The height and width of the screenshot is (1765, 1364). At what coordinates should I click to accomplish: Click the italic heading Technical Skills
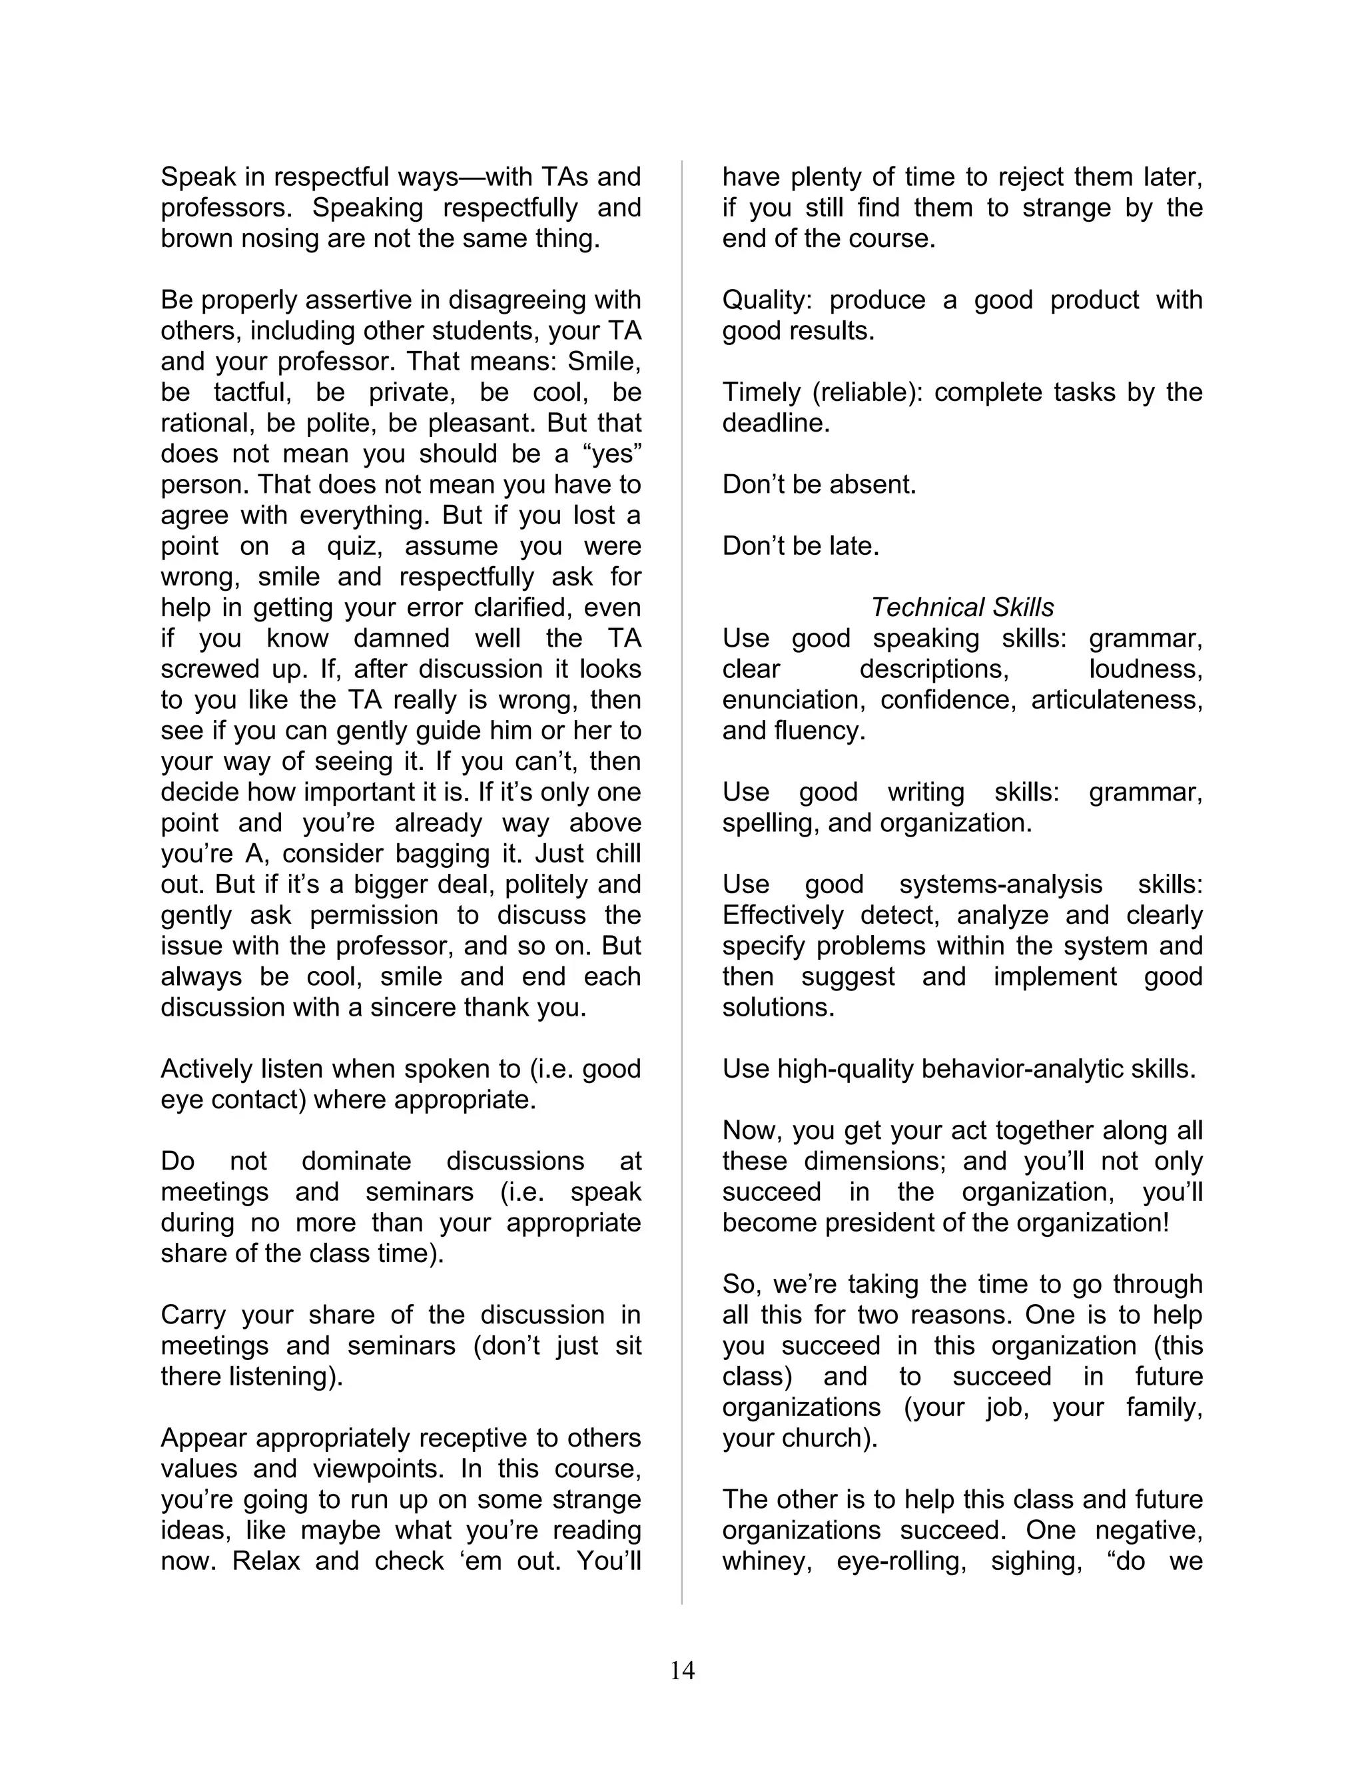[962, 607]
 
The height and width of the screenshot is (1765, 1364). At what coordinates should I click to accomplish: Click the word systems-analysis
[1000, 884]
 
